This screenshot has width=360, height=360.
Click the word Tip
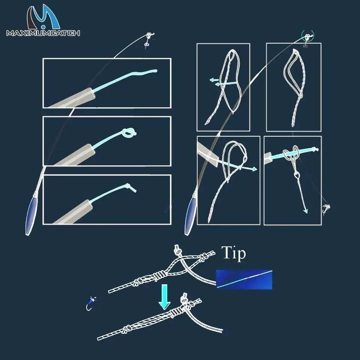tap(234, 253)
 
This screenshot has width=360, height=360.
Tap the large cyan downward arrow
tap(164, 297)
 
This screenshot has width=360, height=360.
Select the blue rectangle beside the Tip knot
tap(244, 279)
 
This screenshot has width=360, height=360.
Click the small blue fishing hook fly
tap(90, 303)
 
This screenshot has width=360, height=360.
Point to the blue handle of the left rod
tap(31, 216)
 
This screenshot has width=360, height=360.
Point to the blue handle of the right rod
tap(191, 216)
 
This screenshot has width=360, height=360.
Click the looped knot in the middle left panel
tap(129, 132)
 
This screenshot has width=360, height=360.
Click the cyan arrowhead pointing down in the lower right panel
tap(305, 211)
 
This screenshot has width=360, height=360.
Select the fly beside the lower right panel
tap(326, 209)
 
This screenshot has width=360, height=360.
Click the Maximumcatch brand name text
tap(43, 33)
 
